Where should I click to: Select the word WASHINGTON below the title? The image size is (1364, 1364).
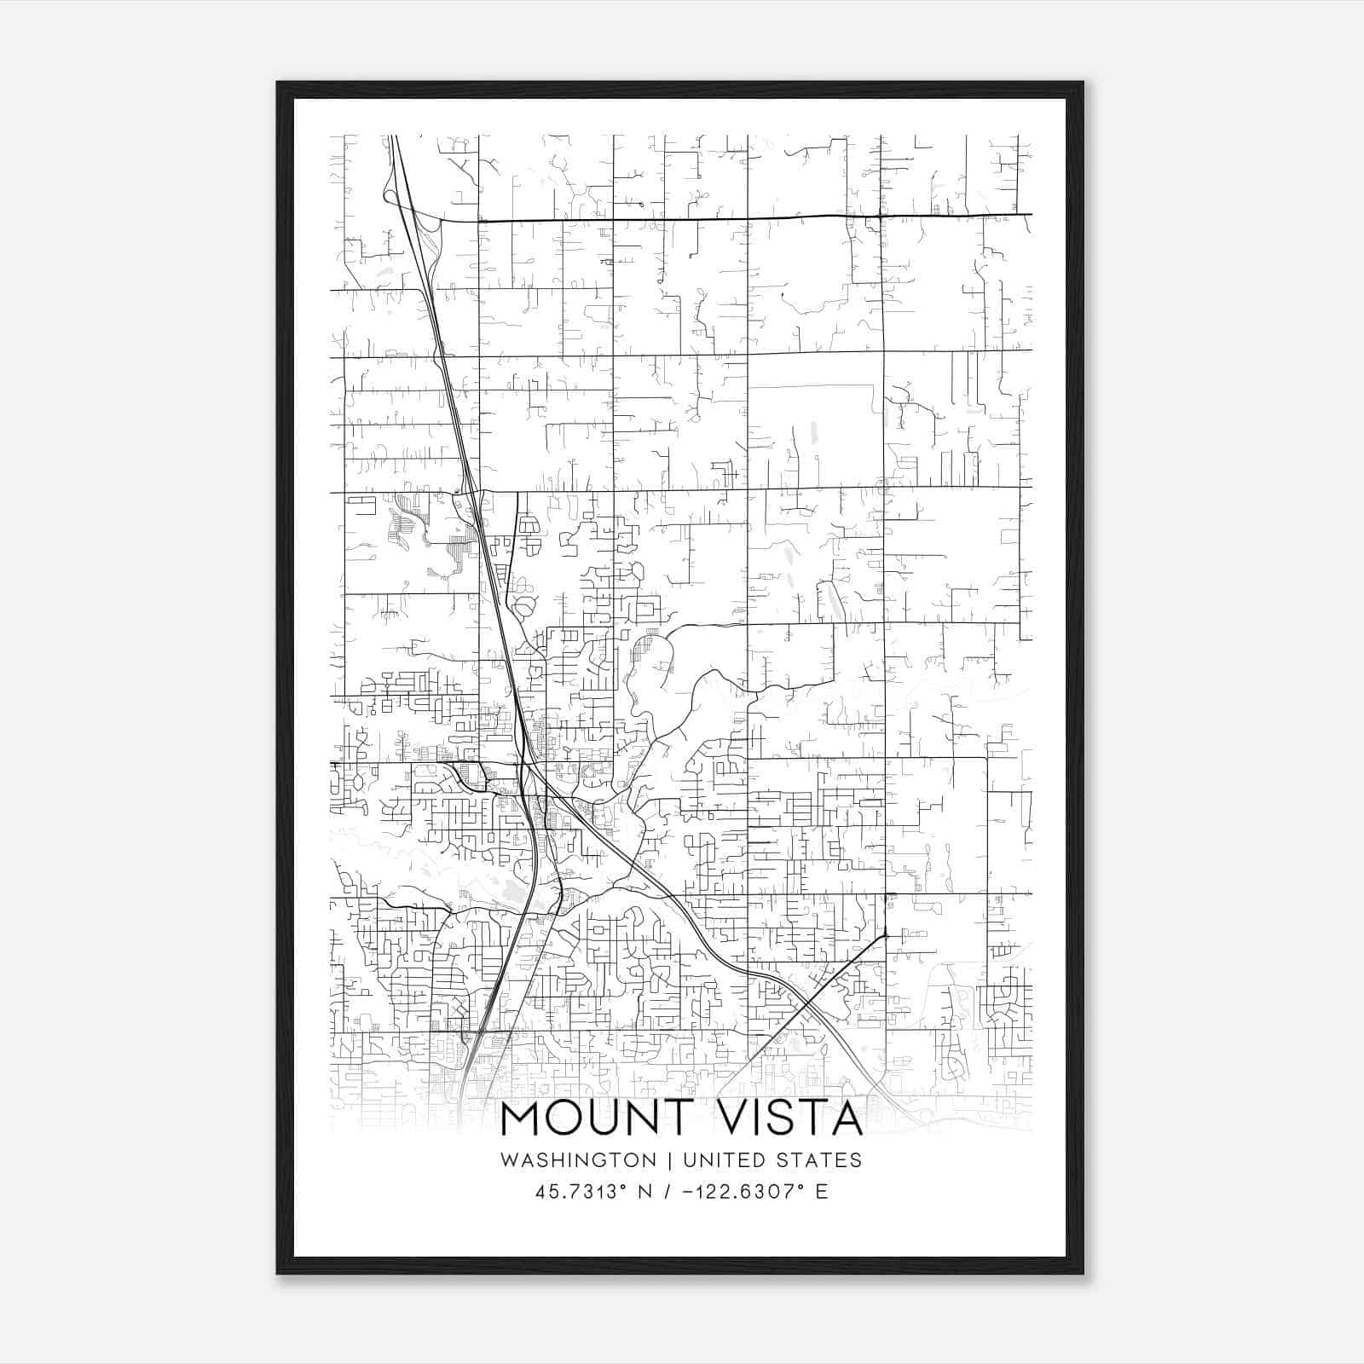coord(578,1160)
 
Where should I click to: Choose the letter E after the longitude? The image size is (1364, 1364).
coord(822,1191)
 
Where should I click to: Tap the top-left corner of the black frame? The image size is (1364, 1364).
coord(279,84)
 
